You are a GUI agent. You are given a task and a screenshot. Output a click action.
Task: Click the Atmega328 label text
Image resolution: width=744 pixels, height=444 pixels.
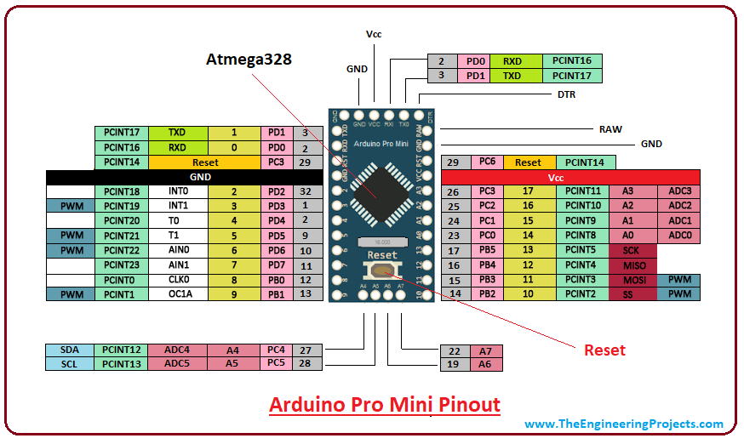(249, 60)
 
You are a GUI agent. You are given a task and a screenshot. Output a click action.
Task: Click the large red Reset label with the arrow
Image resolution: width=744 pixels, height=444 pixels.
(604, 350)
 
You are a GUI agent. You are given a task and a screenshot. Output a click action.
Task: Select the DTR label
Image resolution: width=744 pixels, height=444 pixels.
(566, 94)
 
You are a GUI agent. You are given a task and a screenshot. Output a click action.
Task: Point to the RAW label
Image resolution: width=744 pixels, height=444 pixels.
(610, 129)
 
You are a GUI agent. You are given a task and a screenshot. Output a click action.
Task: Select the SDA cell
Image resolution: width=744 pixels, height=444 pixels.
(70, 350)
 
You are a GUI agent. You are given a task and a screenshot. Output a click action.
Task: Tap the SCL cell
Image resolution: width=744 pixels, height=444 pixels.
(70, 364)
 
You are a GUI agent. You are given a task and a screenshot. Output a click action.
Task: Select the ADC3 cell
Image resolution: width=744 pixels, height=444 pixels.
(679, 191)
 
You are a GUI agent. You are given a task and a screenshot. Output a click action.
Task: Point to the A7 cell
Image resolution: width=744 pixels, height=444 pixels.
(485, 351)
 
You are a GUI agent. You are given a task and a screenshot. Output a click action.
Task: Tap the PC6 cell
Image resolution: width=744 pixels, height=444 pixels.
(488, 162)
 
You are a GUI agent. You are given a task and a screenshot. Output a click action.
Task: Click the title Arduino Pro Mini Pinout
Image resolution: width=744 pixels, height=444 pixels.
(385, 404)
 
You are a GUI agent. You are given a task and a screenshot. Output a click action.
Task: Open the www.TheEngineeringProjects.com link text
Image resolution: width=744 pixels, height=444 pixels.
(623, 424)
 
